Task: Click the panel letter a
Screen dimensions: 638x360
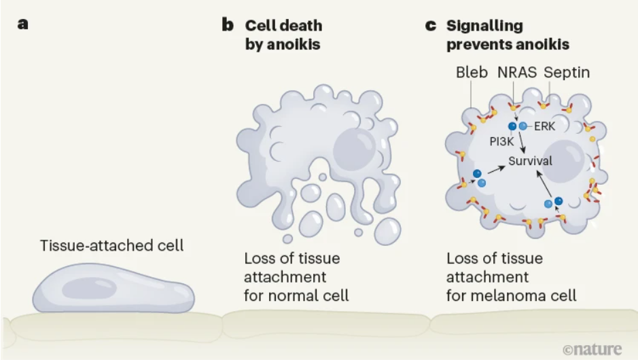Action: coord(23,24)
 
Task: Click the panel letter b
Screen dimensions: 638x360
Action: coord(228,24)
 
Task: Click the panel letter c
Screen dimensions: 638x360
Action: coord(431,26)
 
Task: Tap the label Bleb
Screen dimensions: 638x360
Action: coord(472,72)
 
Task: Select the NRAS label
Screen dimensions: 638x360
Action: coord(517,72)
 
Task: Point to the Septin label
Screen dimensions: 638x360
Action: coord(567,73)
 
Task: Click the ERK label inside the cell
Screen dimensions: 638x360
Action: coord(544,126)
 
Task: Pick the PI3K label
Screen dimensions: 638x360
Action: coord(501,141)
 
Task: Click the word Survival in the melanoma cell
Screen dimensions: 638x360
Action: coord(530,161)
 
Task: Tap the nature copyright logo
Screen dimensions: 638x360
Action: coord(592,349)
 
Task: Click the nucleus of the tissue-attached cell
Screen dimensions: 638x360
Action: coord(89,289)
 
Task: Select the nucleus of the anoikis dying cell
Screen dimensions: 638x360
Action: coord(355,149)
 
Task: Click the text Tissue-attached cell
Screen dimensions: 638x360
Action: coord(112,245)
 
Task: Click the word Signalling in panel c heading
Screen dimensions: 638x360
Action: coord(484,26)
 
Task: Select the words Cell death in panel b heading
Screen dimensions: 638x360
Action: coord(283,26)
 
